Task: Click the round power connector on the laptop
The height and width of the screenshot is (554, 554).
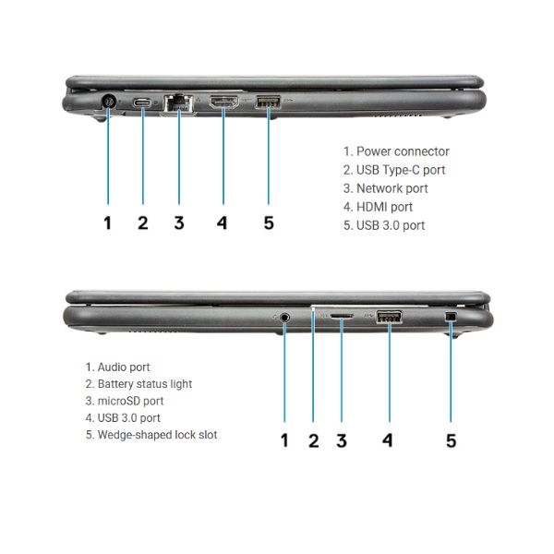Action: (x=108, y=102)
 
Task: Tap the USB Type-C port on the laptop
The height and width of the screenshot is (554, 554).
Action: (x=142, y=103)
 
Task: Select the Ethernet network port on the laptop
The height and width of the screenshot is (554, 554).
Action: (x=178, y=103)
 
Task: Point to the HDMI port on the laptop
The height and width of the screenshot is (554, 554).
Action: (x=224, y=102)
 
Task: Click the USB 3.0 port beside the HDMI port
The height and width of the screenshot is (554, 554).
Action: (x=268, y=102)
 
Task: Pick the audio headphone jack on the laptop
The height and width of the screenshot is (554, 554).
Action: (x=284, y=318)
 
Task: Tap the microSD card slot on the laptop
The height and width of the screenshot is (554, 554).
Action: (x=342, y=316)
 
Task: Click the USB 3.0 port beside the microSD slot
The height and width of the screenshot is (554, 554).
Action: (x=389, y=317)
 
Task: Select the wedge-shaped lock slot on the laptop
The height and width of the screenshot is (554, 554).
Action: (x=451, y=316)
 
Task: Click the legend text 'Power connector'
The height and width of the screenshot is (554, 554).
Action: (x=403, y=151)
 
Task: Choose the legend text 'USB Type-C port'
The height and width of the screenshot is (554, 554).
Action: (x=401, y=170)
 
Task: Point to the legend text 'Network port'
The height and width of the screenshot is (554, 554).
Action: (x=392, y=188)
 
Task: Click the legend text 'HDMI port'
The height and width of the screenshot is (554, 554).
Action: (x=384, y=207)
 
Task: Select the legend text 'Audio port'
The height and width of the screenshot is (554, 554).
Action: (x=124, y=367)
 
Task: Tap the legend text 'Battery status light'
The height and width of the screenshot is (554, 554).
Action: (x=145, y=384)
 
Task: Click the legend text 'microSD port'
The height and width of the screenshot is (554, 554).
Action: (x=130, y=401)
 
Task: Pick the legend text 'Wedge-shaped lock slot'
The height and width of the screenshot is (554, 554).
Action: (x=157, y=435)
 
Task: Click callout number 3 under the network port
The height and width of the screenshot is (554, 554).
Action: (x=179, y=223)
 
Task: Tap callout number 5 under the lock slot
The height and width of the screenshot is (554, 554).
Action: (x=452, y=440)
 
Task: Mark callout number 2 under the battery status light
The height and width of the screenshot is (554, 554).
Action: (x=314, y=440)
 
